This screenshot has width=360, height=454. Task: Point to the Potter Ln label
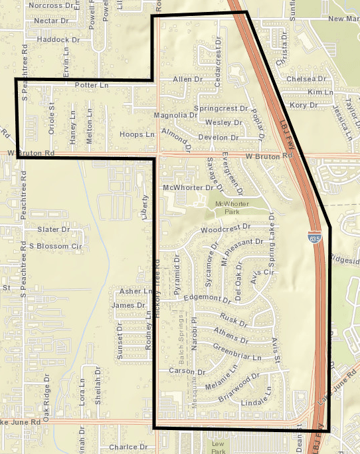point(92,85)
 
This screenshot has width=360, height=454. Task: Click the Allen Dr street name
point(187,80)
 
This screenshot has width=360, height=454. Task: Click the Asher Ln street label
point(130,292)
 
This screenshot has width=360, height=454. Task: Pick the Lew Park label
point(218,447)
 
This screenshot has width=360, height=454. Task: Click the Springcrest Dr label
point(221,108)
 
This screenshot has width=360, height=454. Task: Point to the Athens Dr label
point(232,334)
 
